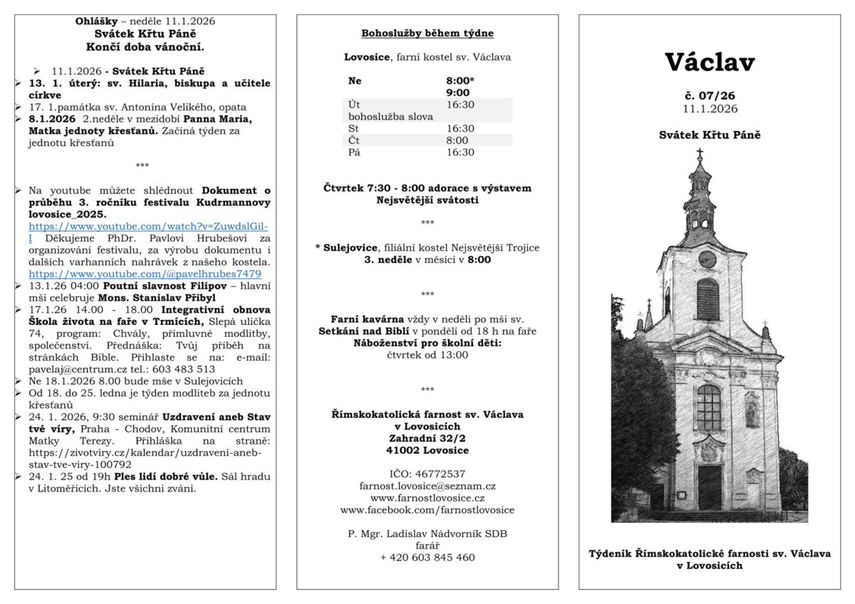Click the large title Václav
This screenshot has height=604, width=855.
(x=710, y=63)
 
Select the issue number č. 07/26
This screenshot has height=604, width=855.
(x=709, y=95)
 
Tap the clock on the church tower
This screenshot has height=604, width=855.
(x=707, y=258)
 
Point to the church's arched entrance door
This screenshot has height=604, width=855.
(x=710, y=486)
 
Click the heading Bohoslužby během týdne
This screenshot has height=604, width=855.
(x=427, y=33)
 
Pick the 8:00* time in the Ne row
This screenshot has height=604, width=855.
(x=460, y=80)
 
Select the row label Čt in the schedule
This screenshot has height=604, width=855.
(x=354, y=140)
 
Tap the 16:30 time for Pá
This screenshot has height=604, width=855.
(x=460, y=152)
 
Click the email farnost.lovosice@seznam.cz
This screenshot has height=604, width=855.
(x=427, y=486)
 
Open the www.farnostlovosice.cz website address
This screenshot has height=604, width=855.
(x=427, y=498)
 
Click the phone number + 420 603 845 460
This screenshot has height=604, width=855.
(x=427, y=558)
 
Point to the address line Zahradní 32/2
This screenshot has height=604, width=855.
(x=427, y=438)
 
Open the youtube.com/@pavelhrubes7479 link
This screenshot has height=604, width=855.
(x=145, y=274)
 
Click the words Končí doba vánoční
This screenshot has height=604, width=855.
(x=145, y=47)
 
